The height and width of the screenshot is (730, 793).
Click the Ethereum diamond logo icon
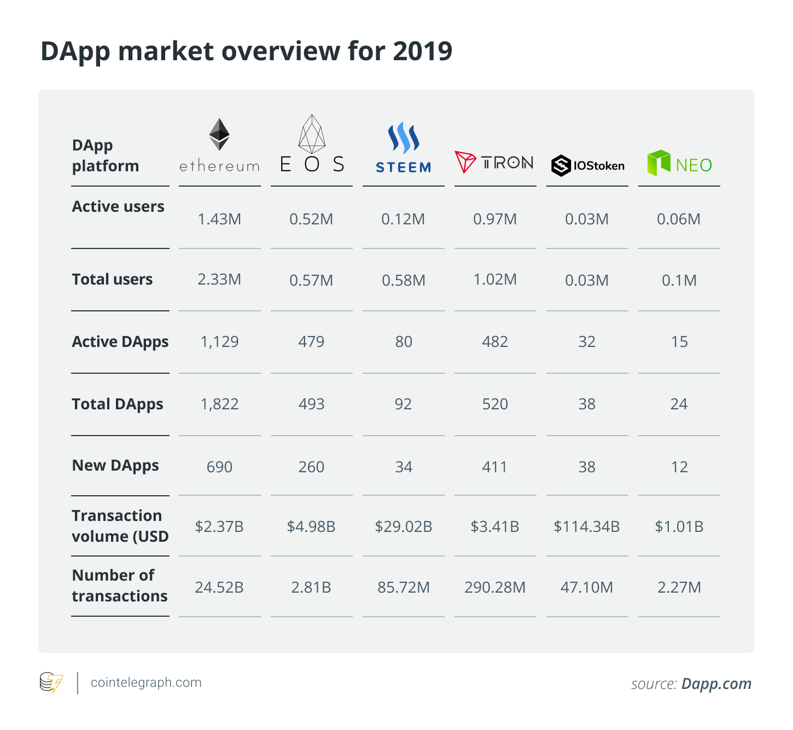point(219,134)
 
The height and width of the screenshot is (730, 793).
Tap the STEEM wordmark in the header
point(403,167)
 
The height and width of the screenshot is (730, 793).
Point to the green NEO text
point(694,165)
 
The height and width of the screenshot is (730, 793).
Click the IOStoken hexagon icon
point(561,165)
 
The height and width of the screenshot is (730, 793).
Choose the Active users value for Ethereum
point(219,219)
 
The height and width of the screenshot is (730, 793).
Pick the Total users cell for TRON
point(495,279)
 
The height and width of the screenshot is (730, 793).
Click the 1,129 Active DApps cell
point(219,341)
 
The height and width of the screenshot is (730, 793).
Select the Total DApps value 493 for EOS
point(312,404)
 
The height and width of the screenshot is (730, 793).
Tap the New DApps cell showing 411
point(494,467)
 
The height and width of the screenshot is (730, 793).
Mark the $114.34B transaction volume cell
point(587,526)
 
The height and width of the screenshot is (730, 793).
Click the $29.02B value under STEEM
point(404,526)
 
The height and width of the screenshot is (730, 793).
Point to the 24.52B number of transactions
point(219,587)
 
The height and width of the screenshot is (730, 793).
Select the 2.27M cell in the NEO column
point(679,587)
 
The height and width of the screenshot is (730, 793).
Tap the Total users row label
point(112,279)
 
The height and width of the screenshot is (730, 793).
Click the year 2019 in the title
point(423,51)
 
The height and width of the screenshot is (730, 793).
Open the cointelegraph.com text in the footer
point(146,682)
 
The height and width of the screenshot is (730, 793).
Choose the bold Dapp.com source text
point(716,684)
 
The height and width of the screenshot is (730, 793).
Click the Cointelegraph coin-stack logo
point(51,682)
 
